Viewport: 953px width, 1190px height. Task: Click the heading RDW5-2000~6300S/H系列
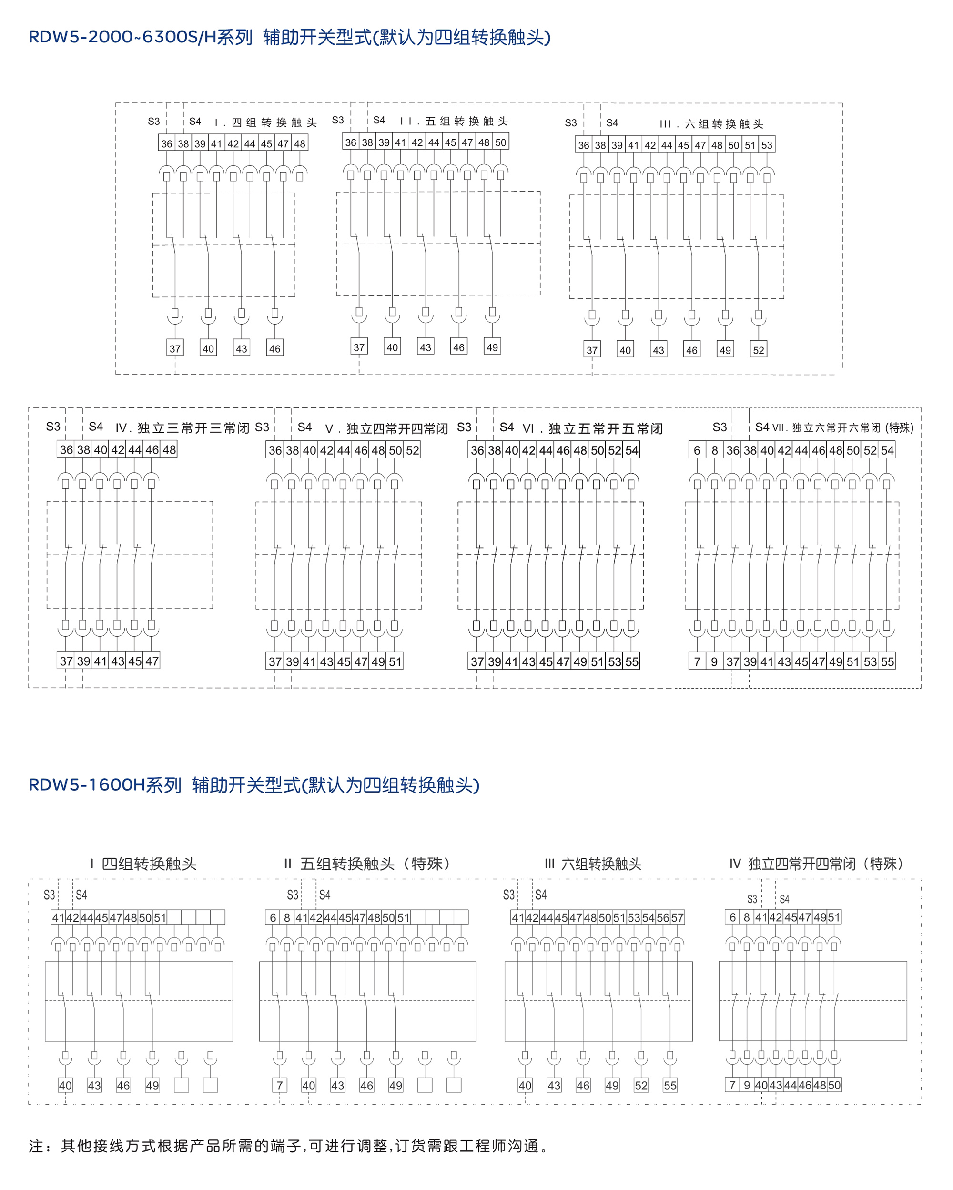pos(140,37)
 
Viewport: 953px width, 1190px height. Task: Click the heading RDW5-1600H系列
pos(105,785)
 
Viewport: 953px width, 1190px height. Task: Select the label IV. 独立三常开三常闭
pos(182,428)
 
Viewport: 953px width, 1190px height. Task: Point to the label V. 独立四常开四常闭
pos(386,429)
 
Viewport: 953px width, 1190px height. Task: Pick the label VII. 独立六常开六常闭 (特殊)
pos(842,428)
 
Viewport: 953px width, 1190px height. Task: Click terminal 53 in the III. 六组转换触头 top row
pos(767,145)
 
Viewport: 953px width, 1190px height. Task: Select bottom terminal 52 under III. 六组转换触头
pos(759,350)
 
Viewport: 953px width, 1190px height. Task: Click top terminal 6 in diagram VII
pos(697,450)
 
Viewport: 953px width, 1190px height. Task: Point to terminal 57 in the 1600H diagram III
pos(677,918)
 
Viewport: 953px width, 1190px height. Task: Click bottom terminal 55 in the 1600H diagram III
pos(670,1086)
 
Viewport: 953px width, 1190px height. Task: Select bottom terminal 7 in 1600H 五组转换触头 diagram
pos(280,1086)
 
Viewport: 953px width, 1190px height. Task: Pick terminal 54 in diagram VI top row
pos(632,450)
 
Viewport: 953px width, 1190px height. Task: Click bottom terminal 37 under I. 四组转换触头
pos(175,349)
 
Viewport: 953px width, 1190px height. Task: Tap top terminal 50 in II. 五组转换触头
pos(500,142)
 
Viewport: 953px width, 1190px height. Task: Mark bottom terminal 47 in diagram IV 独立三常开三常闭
pos(152,661)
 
